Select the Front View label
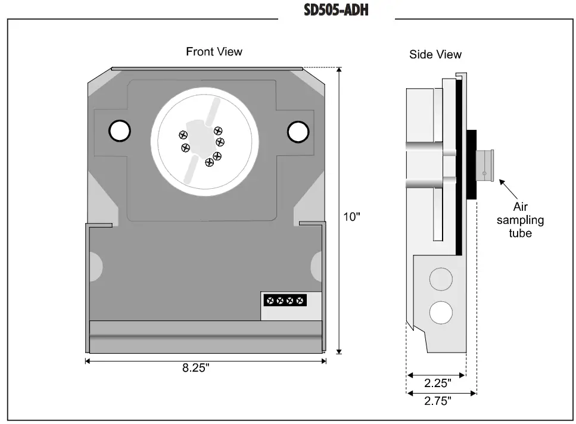click(214, 52)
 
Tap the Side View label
click(435, 54)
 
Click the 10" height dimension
click(353, 216)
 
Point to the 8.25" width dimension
click(196, 368)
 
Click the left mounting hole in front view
click(119, 131)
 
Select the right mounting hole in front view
click(298, 132)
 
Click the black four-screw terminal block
click(285, 300)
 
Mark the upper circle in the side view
click(441, 278)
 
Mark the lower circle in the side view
click(441, 311)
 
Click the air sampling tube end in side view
click(485, 167)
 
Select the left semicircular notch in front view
click(95, 261)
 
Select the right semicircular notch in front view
click(317, 262)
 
